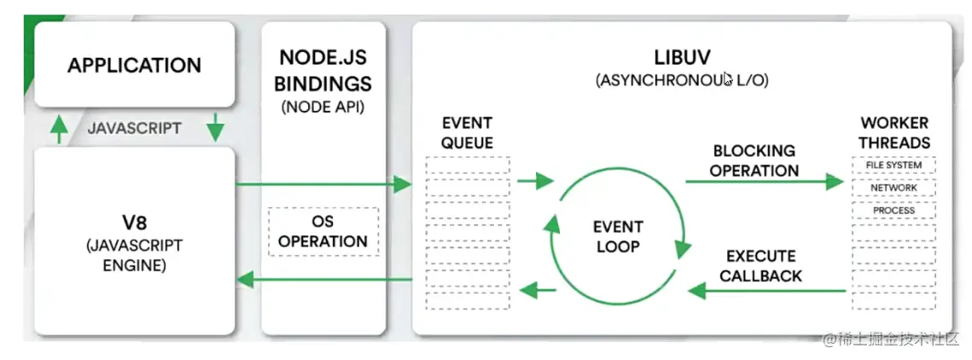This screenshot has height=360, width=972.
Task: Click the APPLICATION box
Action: (x=134, y=66)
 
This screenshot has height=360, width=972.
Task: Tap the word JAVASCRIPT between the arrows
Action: (x=135, y=129)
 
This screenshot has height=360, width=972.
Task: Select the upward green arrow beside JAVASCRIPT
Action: (x=58, y=129)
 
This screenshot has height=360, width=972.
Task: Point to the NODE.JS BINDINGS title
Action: (x=325, y=71)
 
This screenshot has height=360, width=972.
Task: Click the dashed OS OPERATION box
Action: (x=323, y=230)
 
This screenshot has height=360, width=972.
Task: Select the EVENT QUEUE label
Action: (x=467, y=132)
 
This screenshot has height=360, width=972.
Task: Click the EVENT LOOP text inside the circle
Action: (x=618, y=236)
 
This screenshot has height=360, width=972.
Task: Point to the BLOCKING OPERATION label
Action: (x=754, y=160)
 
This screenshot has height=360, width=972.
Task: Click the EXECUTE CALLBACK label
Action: (x=760, y=265)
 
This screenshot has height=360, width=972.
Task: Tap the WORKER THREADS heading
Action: (x=893, y=132)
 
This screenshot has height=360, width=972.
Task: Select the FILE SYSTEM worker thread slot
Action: (x=893, y=165)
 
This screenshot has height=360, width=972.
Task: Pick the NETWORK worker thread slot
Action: (x=893, y=188)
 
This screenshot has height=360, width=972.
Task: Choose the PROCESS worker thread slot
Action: (x=893, y=210)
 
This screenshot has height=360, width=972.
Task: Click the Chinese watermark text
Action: (x=891, y=339)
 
